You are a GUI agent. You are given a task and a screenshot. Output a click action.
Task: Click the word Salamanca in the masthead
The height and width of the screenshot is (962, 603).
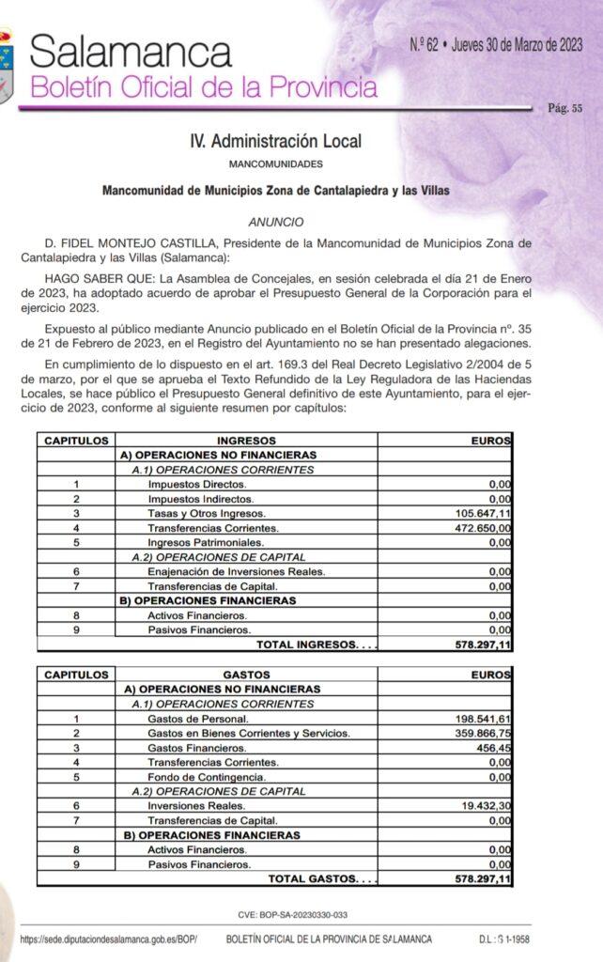point(131,53)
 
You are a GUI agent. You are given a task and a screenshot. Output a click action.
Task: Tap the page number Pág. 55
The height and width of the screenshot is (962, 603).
point(564,108)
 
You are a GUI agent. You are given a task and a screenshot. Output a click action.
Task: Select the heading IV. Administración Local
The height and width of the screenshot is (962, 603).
point(275,141)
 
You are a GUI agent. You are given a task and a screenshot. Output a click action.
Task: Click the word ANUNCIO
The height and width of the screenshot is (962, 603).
point(276,223)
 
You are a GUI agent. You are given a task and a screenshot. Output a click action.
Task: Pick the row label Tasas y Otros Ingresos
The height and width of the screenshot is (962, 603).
point(207,514)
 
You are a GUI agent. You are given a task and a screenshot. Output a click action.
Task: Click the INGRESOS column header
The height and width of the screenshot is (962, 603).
point(246,440)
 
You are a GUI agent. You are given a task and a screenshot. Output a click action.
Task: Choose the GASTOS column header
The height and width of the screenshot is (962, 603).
point(246,675)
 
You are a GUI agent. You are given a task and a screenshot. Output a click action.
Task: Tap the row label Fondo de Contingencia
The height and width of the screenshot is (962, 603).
point(205,777)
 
